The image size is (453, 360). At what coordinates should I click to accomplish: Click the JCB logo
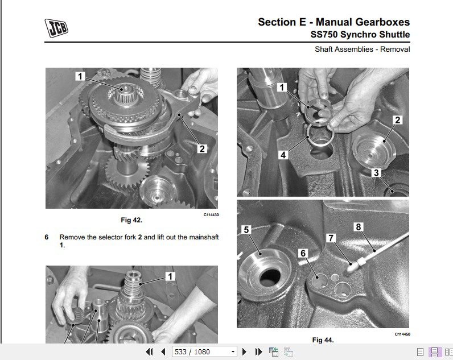57,27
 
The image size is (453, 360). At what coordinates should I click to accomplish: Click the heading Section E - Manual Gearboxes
333,22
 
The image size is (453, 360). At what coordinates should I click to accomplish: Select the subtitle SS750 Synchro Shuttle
360,35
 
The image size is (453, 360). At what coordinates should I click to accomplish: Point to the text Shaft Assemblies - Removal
362,49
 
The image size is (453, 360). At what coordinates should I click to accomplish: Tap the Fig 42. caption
131,220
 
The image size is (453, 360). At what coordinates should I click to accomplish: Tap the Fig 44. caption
323,340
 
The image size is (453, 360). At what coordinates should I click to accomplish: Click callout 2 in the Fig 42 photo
201,148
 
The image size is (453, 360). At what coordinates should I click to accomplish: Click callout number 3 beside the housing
376,173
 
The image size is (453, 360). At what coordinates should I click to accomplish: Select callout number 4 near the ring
283,155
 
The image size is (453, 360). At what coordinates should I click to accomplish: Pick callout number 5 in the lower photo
246,230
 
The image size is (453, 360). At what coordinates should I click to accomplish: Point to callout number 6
303,253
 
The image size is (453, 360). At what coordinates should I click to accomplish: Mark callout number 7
331,238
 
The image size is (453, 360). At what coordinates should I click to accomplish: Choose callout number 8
358,226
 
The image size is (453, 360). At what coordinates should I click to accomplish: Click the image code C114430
211,214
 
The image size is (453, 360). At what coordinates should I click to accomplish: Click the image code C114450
402,334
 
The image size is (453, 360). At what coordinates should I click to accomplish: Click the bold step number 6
47,237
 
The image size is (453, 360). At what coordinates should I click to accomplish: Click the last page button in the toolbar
259,352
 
